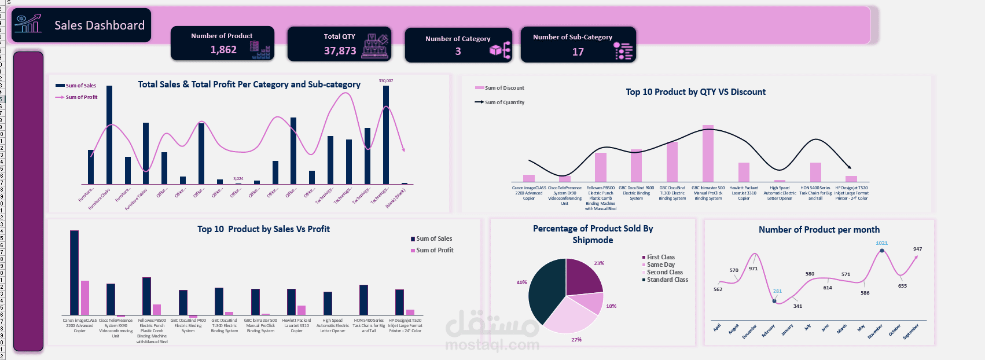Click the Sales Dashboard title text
click(x=100, y=25)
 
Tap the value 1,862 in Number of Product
click(x=223, y=50)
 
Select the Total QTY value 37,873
click(x=340, y=51)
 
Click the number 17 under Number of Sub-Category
click(x=578, y=52)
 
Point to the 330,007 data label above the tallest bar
click(x=385, y=81)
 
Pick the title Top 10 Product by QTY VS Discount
click(x=695, y=92)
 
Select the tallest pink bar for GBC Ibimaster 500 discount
click(x=708, y=153)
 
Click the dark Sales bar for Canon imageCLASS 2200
click(x=74, y=272)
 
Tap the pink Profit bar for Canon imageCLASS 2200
click(x=85, y=297)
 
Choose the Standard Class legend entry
click(x=667, y=280)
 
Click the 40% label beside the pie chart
click(x=521, y=282)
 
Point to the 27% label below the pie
click(x=576, y=340)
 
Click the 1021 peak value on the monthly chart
click(x=881, y=243)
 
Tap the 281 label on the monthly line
click(x=777, y=291)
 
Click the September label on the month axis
click(x=911, y=332)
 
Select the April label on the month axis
click(x=717, y=328)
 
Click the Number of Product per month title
click(x=819, y=230)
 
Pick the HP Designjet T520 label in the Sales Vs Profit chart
click(x=405, y=325)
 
